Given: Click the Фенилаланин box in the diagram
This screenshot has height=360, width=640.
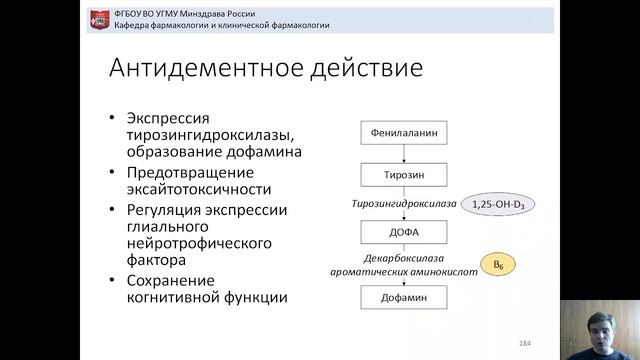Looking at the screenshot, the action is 402,132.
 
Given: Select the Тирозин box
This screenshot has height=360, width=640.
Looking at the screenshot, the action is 402,173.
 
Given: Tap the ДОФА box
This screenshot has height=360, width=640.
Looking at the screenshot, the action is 402,233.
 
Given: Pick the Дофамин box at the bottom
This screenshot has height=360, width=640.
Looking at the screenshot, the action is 402,297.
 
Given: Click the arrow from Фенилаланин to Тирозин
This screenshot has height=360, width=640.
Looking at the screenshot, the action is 402,153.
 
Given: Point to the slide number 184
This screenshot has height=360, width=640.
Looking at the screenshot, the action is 524,343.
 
